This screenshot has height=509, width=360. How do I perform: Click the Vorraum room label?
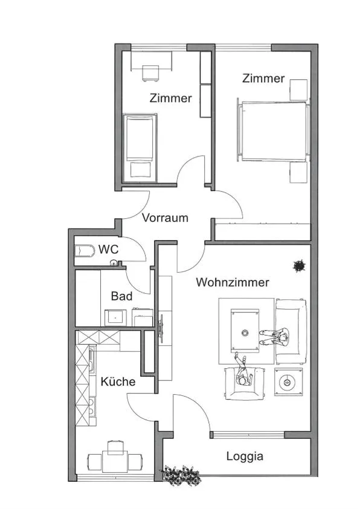(x=165, y=218)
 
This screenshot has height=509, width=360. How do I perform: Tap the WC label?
(x=108, y=249)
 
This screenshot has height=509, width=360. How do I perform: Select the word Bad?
(x=121, y=296)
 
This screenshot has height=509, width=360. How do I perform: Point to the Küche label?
(x=118, y=381)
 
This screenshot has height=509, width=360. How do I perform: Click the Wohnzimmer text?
(x=233, y=282)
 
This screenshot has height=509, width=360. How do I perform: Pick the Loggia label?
(x=245, y=456)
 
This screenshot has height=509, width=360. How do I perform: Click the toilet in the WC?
(x=82, y=251)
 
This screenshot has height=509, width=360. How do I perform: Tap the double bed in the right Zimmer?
(x=273, y=131)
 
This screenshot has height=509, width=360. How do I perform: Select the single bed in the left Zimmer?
(x=140, y=148)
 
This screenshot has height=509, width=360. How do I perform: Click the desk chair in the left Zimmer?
(x=151, y=74)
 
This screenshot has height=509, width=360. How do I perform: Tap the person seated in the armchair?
(x=243, y=371)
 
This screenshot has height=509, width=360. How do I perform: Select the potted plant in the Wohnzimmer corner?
(x=299, y=265)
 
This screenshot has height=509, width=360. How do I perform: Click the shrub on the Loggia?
(x=180, y=475)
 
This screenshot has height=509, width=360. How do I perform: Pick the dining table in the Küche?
(x=115, y=461)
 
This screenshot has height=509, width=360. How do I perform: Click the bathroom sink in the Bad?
(x=115, y=318)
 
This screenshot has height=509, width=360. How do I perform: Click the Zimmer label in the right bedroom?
(x=263, y=78)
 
